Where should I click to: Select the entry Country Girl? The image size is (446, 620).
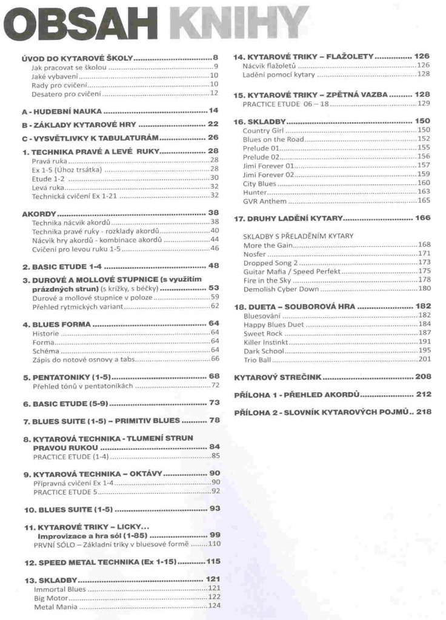pyautogui.click(x=264, y=130)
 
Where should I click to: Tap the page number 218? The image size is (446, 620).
pyautogui.click(x=424, y=412)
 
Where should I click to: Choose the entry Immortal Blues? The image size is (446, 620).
pyautogui.click(x=60, y=589)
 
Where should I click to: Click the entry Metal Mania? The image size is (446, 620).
pyautogui.click(x=56, y=606)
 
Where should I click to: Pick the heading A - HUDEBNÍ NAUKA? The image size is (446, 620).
pyautogui.click(x=62, y=111)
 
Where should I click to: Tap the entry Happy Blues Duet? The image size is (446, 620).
pyautogui.click(x=273, y=325)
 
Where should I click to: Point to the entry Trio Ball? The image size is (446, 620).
pyautogui.click(x=258, y=360)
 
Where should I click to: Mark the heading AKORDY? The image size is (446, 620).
pyautogui.click(x=39, y=214)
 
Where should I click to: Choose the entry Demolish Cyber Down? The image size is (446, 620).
pyautogui.click(x=281, y=289)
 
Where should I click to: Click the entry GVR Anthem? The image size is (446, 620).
pyautogui.click(x=265, y=201)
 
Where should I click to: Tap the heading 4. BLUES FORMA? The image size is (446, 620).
pyautogui.click(x=57, y=325)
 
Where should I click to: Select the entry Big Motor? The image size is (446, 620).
pyautogui.click(x=51, y=597)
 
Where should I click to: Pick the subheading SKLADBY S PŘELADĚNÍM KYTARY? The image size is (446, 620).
pyautogui.click(x=298, y=236)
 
